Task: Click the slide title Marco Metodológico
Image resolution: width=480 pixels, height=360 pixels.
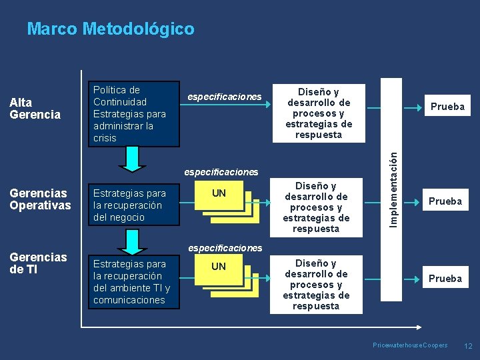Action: pyautogui.click(x=111, y=29)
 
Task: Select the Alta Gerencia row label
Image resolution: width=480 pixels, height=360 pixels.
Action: pyautogui.click(x=35, y=109)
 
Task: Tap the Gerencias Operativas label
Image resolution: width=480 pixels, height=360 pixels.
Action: pyautogui.click(x=40, y=199)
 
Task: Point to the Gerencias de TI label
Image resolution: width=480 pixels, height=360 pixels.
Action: pyautogui.click(x=38, y=263)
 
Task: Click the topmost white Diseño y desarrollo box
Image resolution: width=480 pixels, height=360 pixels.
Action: pyautogui.click(x=319, y=113)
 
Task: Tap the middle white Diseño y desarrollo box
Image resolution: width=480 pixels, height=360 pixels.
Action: pyautogui.click(x=316, y=207)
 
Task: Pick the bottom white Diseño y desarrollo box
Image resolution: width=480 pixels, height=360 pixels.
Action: pyautogui.click(x=316, y=285)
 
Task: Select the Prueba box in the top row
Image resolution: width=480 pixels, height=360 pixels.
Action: pyautogui.click(x=447, y=107)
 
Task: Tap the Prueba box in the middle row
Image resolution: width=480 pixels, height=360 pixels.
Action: pyautogui.click(x=445, y=201)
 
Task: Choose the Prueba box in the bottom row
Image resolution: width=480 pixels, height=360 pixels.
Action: pyautogui.click(x=445, y=278)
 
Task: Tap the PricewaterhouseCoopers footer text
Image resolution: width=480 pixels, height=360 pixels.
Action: pyautogui.click(x=410, y=345)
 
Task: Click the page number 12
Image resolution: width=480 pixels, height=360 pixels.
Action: pyautogui.click(x=468, y=346)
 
